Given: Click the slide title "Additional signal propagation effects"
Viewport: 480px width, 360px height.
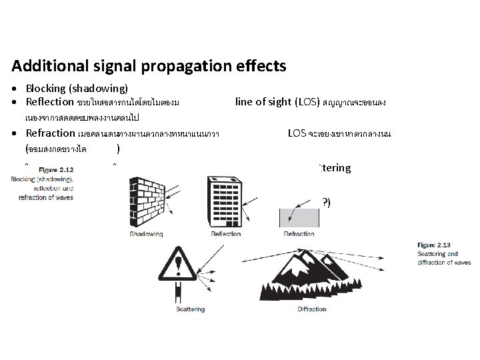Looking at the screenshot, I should click(x=149, y=67).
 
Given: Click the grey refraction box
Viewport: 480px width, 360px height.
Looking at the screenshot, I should click(x=299, y=216).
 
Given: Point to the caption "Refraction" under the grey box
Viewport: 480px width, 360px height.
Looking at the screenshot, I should click(x=299, y=235).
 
